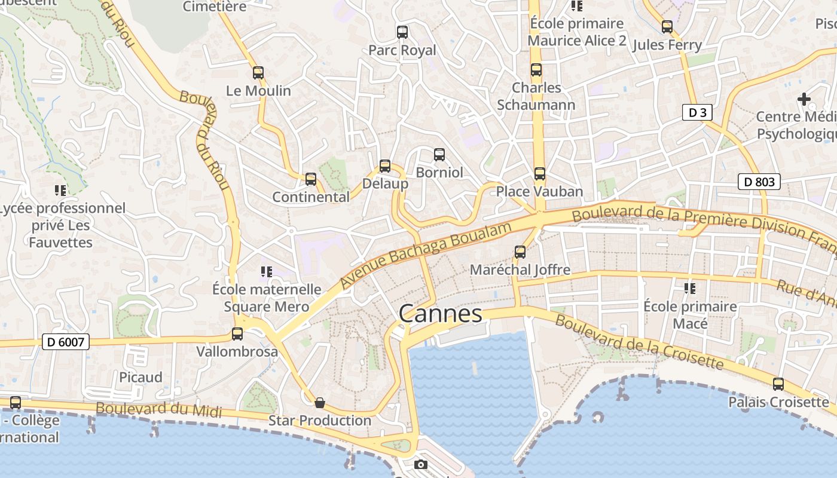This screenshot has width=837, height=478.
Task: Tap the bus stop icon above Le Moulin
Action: click(258, 73)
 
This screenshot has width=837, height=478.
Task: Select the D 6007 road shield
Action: click(66, 342)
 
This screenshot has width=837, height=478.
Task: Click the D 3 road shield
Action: click(697, 112)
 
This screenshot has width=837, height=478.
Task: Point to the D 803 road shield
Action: click(759, 182)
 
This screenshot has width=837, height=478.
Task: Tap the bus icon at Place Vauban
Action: click(540, 174)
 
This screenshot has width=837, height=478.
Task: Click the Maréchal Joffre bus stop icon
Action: click(520, 252)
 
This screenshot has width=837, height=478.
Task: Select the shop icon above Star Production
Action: click(320, 403)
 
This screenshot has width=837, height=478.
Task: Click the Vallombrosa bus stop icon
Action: click(237, 334)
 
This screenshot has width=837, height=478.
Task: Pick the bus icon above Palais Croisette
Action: click(778, 384)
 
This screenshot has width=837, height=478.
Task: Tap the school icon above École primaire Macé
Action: click(690, 289)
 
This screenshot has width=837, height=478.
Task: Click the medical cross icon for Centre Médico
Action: click(804, 99)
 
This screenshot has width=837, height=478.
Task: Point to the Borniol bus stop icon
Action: click(439, 155)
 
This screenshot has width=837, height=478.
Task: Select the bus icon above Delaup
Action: click(385, 166)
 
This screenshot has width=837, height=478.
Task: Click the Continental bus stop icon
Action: click(311, 179)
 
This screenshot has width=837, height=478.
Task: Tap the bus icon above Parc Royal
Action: click(402, 32)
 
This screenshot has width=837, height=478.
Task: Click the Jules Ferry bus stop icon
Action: click(667, 27)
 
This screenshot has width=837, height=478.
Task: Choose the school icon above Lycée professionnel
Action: click(60, 191)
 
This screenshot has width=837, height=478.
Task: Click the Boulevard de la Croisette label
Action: click(639, 341)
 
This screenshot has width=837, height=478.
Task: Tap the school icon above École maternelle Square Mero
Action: click(267, 272)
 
